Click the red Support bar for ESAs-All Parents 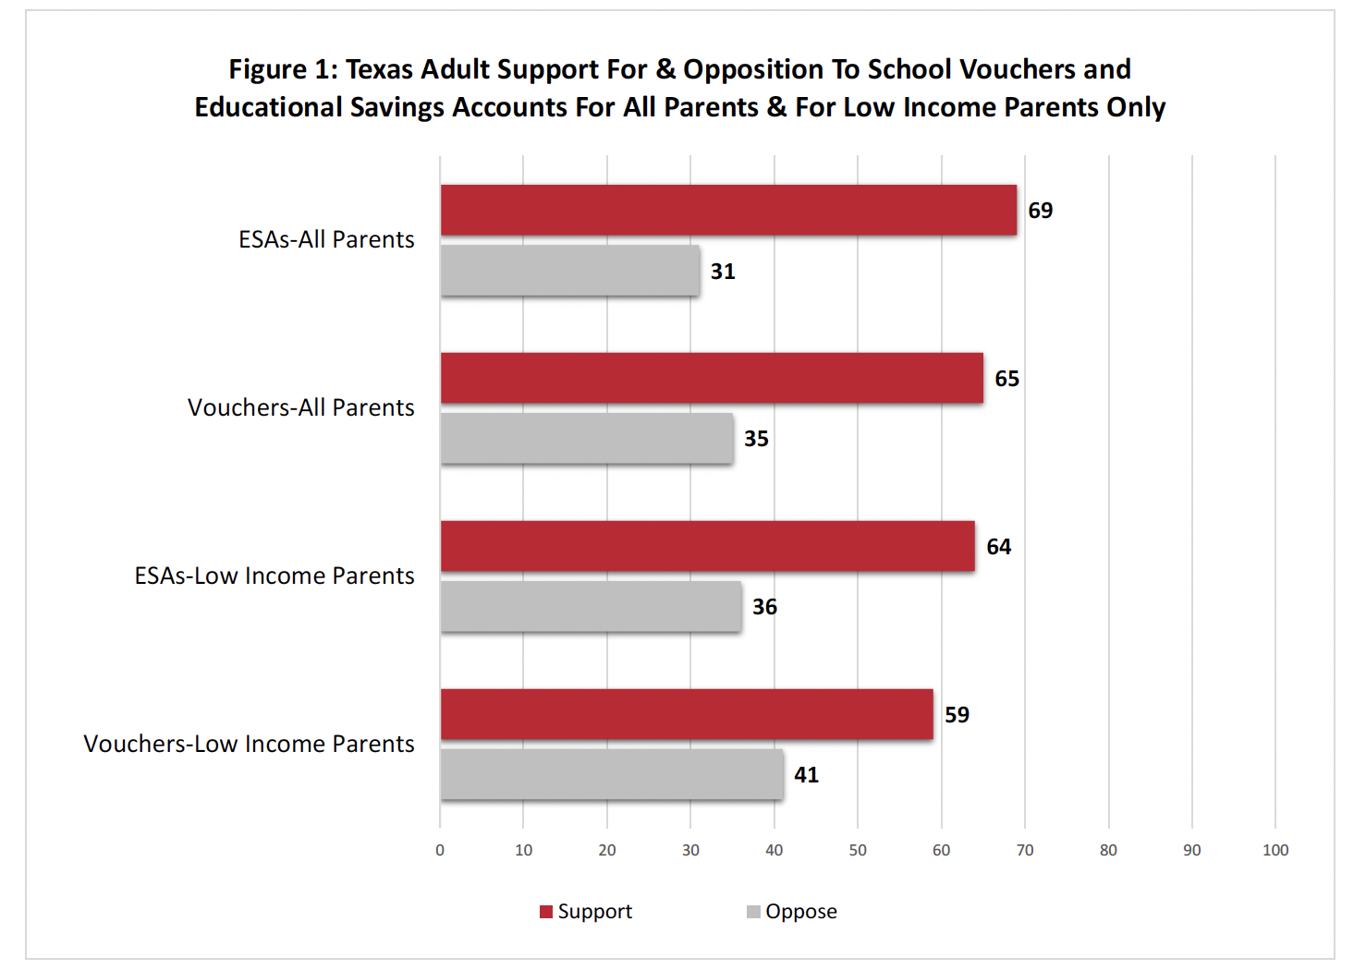(728, 210)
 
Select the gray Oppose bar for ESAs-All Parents (569, 271)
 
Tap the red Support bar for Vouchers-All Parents (712, 378)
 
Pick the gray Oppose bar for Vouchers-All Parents (586, 438)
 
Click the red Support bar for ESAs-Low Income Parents (707, 546)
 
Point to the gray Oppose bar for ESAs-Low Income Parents (591, 606)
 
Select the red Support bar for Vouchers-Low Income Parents (687, 714)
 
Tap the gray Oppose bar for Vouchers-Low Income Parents (611, 774)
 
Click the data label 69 (1040, 211)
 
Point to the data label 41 (806, 775)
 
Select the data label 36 (764, 607)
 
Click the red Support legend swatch (546, 912)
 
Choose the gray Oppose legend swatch (753, 912)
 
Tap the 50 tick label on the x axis (858, 850)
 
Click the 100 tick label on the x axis (1275, 850)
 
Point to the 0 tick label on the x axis (440, 850)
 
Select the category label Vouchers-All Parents (300, 407)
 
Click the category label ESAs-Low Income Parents (274, 576)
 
